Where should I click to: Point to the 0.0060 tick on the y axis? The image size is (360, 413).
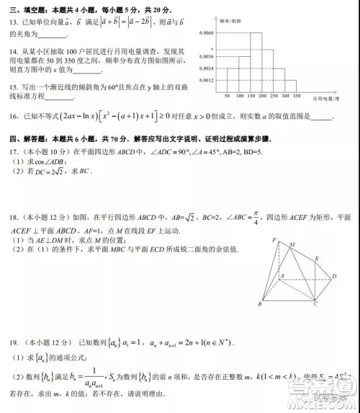pos(207,33)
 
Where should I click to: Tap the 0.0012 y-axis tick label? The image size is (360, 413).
pos(207,80)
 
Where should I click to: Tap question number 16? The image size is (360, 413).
pos(13,116)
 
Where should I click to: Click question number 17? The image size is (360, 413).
pos(13,151)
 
